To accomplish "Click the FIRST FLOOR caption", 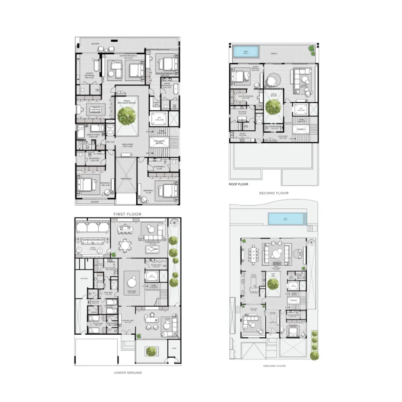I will [127, 214].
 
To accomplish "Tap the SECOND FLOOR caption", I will [274, 193].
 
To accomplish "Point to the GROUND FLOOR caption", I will [274, 366].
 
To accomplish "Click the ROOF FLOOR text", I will [238, 184].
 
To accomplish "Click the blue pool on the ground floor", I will [286, 219].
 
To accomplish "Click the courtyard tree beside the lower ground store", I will [150, 352].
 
